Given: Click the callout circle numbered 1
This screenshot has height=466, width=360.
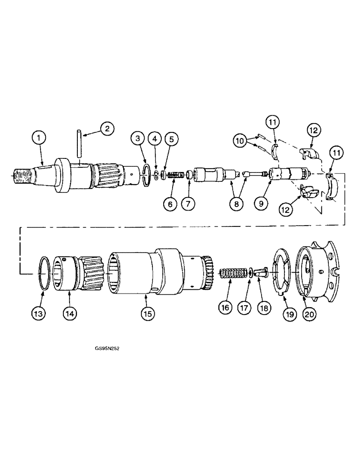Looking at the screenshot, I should [39, 137].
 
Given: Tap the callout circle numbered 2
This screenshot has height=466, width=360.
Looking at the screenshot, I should [107, 129].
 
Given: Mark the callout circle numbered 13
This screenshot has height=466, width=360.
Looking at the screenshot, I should [39, 314].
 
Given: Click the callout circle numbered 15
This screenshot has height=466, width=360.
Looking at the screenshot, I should [147, 314].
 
